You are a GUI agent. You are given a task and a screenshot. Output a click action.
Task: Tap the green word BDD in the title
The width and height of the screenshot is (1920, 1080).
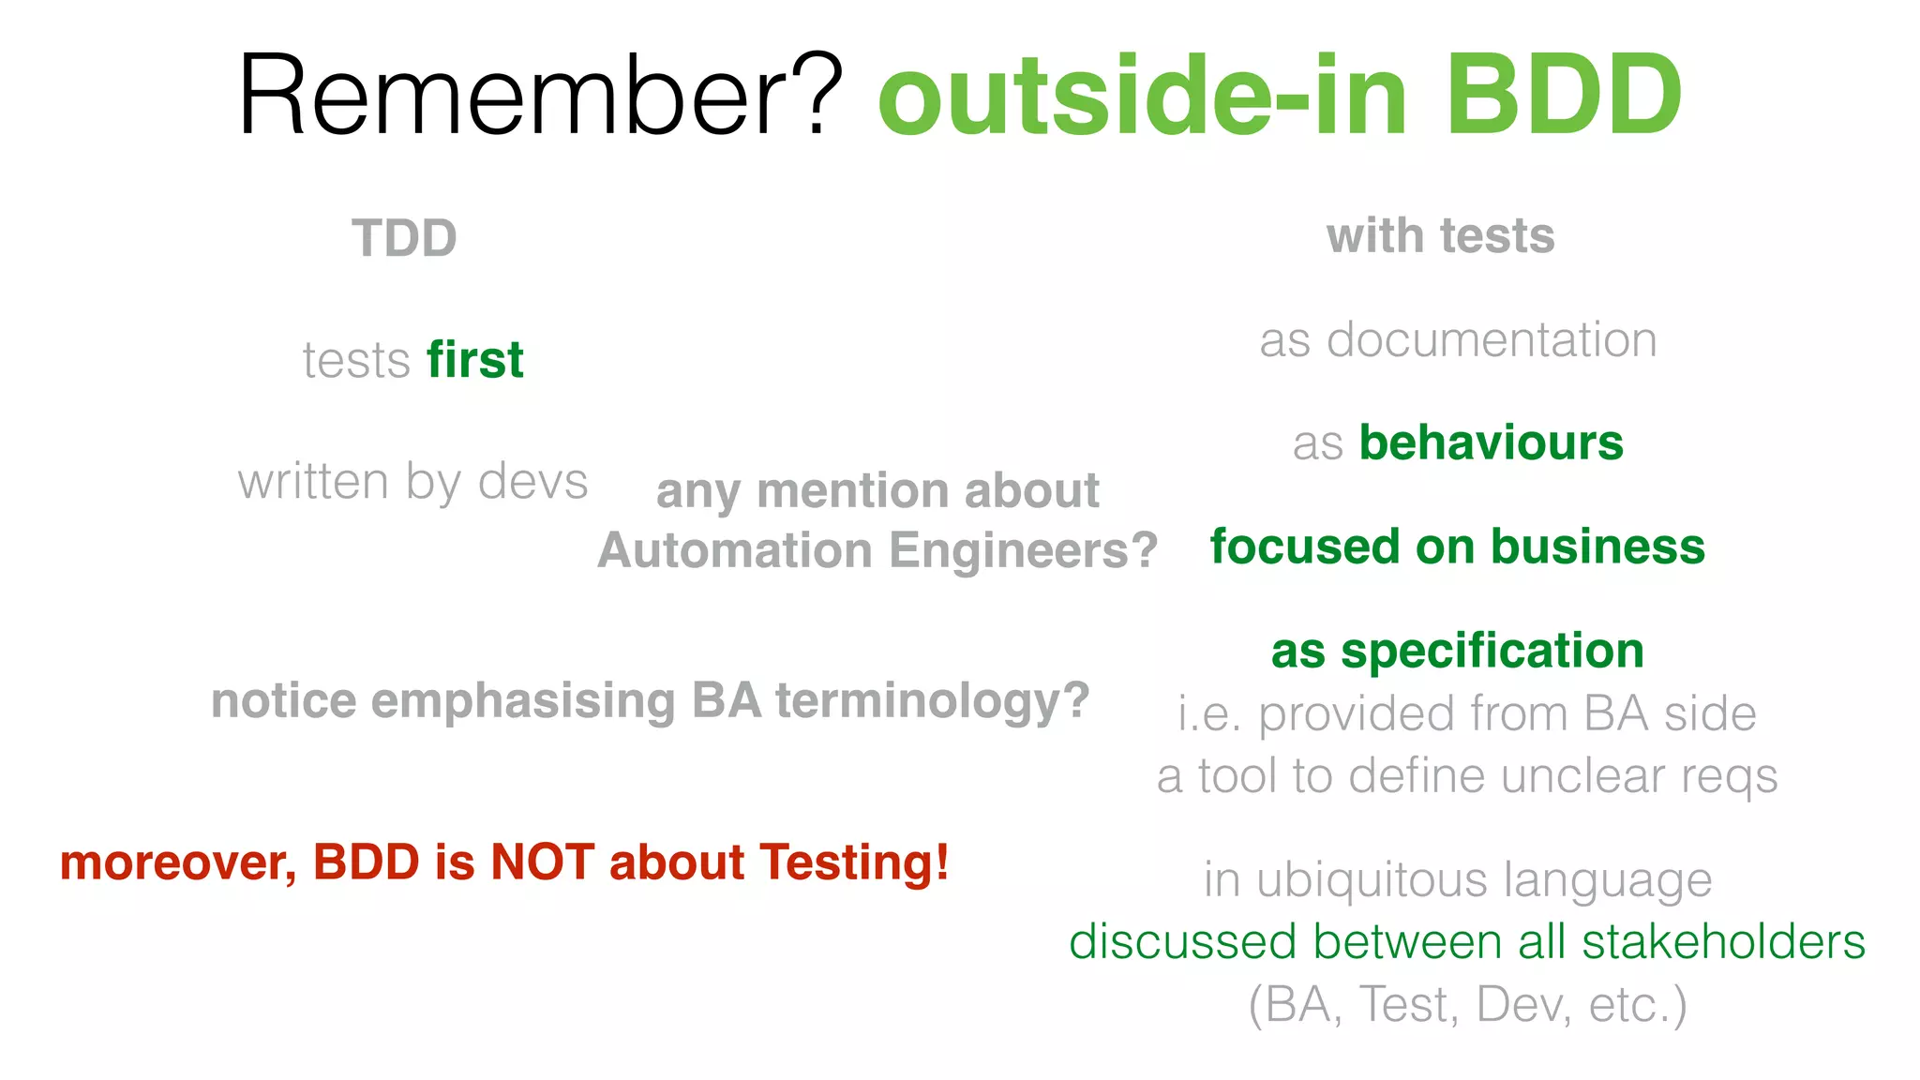pyautogui.click(x=1563, y=96)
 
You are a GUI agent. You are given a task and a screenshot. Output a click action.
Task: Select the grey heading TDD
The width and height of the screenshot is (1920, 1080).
pyautogui.click(x=404, y=238)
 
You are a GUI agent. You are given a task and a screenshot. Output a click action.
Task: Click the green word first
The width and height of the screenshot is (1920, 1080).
pyautogui.click(x=475, y=360)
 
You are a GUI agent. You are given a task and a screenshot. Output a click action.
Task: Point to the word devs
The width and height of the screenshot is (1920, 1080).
pyautogui.click(x=532, y=482)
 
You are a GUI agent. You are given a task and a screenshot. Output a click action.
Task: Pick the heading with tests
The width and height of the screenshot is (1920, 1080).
pyautogui.click(x=1440, y=235)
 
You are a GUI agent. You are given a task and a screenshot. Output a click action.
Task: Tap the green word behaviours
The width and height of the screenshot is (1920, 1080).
pyautogui.click(x=1491, y=442)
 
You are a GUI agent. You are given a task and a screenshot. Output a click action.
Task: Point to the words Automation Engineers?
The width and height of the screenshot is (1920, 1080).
pyautogui.click(x=877, y=550)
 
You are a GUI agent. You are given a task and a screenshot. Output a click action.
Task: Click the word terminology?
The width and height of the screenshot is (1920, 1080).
pyautogui.click(x=932, y=701)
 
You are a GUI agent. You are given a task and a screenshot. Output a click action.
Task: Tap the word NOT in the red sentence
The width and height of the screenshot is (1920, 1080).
pyautogui.click(x=542, y=862)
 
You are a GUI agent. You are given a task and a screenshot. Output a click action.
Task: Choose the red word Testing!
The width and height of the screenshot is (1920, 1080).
pyautogui.click(x=854, y=862)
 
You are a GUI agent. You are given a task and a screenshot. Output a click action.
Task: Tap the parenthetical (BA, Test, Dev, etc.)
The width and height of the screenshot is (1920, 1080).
pyautogui.click(x=1467, y=1005)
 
